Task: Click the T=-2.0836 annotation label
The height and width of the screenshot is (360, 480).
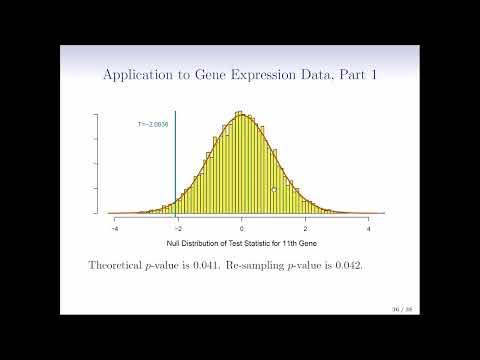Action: pyautogui.click(x=152, y=124)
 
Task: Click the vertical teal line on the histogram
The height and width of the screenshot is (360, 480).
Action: pyautogui.click(x=176, y=160)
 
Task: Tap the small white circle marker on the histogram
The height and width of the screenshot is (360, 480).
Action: pyautogui.click(x=274, y=190)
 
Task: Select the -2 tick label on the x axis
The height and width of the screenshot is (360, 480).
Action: pyautogui.click(x=178, y=230)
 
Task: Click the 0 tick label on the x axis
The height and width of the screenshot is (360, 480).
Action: pyautogui.click(x=242, y=230)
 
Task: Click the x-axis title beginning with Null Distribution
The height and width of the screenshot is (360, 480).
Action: pyautogui.click(x=241, y=245)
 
